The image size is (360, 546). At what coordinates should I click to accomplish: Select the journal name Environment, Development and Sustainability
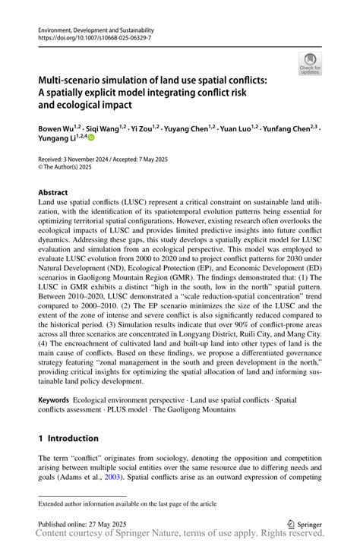(90, 27)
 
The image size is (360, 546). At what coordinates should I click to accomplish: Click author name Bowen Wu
(56, 129)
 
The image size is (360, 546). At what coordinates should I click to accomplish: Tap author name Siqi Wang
(103, 129)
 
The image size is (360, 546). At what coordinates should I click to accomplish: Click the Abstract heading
(53, 193)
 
